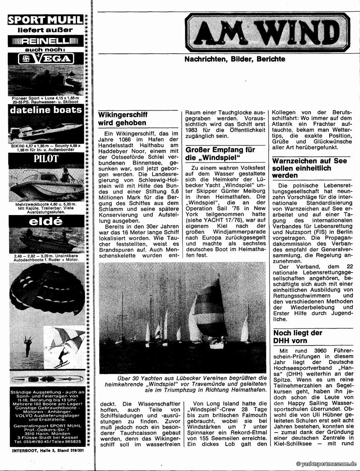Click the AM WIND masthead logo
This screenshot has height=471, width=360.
point(268,32)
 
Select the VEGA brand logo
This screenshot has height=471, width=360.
point(46,59)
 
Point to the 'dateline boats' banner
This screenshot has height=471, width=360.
point(46,110)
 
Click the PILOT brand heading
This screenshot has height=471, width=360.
point(46,159)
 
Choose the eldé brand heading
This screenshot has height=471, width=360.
point(46,222)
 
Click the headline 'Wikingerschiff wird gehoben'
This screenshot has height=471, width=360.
point(122,118)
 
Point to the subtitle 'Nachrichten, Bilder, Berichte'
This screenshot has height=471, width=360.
point(235,59)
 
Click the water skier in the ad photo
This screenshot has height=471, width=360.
point(62,357)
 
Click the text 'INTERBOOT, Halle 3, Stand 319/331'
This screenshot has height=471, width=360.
point(46,451)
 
